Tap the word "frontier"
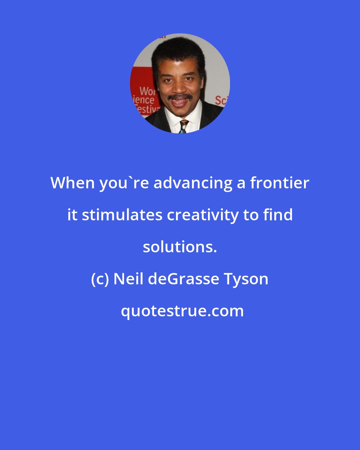[280, 183]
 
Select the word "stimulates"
[122, 215]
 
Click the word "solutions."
[180, 247]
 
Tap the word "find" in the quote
[278, 215]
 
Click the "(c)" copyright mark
[100, 279]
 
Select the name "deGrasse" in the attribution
[183, 279]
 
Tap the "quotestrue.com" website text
[182, 311]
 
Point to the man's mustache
[180, 97]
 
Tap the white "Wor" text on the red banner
[148, 91]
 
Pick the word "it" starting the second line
[72, 215]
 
